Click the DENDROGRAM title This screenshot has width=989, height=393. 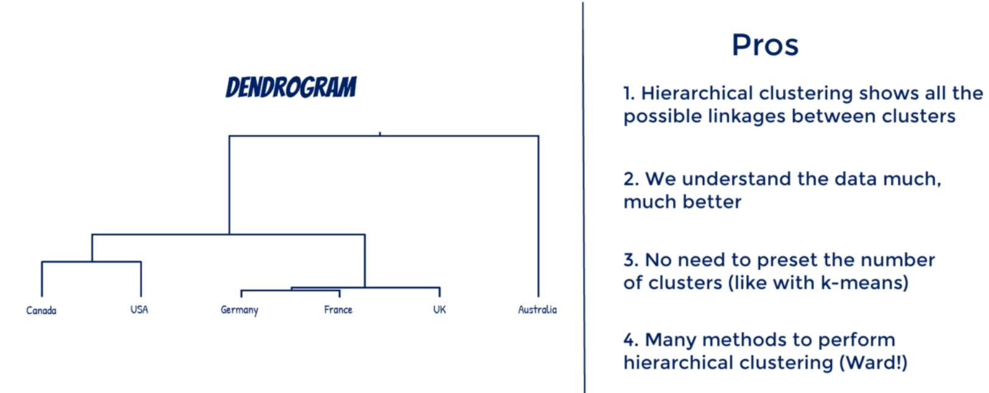291,87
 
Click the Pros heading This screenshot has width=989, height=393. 765,44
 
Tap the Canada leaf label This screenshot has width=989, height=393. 41,310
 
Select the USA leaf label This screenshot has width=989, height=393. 139,310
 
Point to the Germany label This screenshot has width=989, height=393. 239,310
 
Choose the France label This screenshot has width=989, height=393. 338,310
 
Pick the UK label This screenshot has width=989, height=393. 439,310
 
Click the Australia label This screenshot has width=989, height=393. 537,310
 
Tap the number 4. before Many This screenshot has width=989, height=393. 631,341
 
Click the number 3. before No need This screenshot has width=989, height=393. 631,260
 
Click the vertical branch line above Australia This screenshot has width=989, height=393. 538,216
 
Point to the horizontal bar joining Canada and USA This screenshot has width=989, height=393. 91,262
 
